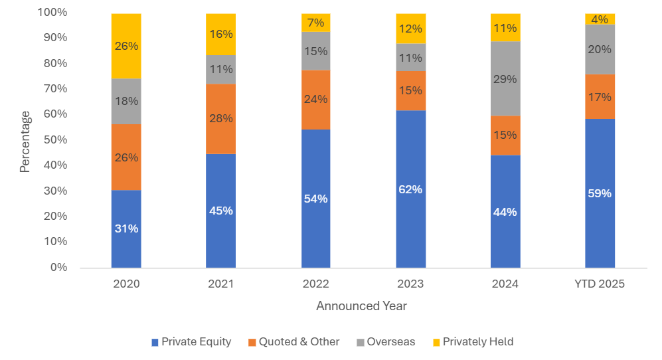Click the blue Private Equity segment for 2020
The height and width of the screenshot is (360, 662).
point(126,228)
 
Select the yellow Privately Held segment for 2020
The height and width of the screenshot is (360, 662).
point(126,46)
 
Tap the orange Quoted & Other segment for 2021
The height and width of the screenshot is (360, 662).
point(220,118)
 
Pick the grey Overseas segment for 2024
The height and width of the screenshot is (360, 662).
point(505,78)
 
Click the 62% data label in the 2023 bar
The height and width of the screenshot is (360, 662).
point(411,189)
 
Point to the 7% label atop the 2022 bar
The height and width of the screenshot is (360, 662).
point(316,23)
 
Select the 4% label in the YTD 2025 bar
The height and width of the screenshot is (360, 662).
point(600,19)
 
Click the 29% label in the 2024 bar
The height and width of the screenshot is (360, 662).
point(505,78)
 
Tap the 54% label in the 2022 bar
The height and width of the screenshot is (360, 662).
point(316,199)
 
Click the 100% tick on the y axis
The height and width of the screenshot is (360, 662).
point(52,13)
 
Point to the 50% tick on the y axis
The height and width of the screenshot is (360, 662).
point(55,140)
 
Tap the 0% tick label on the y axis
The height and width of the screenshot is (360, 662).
point(58,268)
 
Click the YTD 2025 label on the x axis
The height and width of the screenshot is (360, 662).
point(600,284)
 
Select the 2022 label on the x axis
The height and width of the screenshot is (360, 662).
point(316,284)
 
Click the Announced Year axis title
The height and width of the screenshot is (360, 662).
point(361,306)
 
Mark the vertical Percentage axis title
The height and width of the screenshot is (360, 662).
point(25,141)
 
